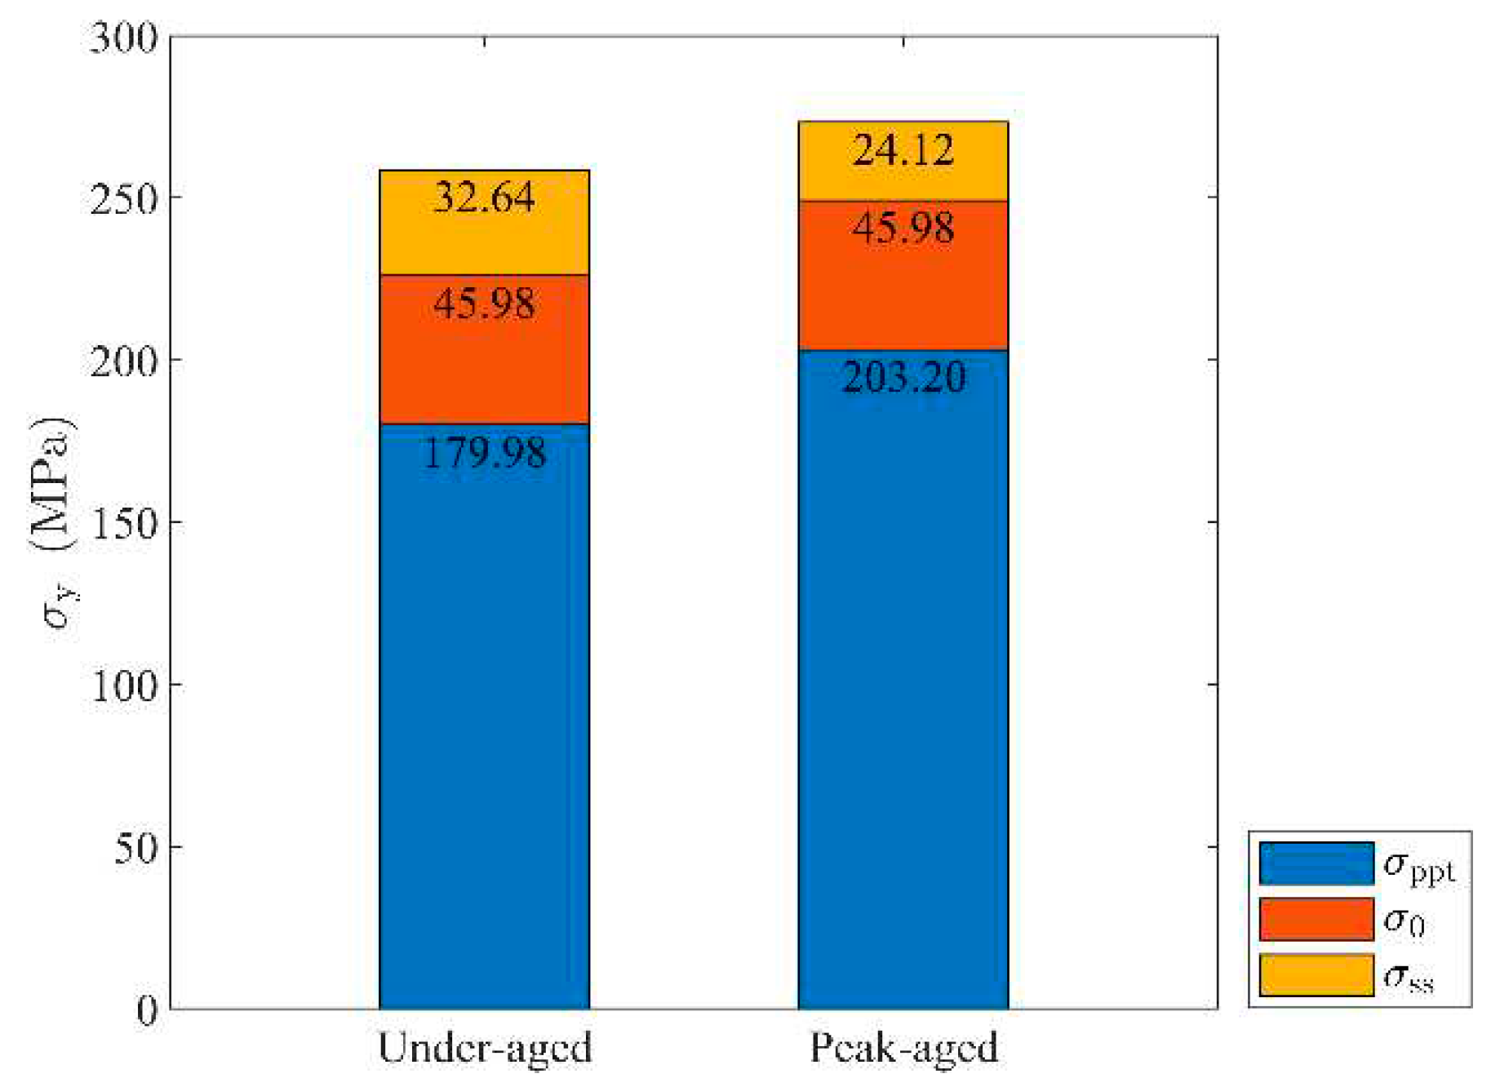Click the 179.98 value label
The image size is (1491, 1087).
click(x=484, y=453)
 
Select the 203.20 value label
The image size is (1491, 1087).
click(x=903, y=377)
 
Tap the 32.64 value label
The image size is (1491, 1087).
click(x=484, y=197)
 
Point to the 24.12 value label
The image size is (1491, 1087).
click(x=903, y=151)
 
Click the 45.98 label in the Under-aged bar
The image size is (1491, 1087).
click(x=484, y=304)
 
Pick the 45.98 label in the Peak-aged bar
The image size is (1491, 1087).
click(x=903, y=228)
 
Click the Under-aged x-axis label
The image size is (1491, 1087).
click(x=484, y=1048)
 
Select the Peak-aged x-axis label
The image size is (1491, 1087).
click(x=903, y=1048)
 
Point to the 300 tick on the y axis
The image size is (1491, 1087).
click(x=124, y=38)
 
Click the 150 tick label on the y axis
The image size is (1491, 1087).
click(x=124, y=523)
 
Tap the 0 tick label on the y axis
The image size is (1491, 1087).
click(x=147, y=1010)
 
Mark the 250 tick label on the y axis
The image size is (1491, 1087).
click(x=124, y=199)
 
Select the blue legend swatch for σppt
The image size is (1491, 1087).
click(x=1316, y=863)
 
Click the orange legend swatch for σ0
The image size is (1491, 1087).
click(x=1316, y=920)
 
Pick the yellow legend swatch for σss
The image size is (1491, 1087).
click(x=1316, y=975)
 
